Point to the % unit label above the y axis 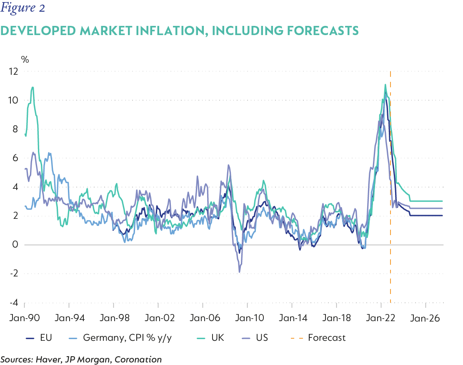coord(25,60)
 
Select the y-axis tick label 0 coord(16,245)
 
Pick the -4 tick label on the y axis coord(14,302)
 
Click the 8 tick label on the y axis coord(16,129)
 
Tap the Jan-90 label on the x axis coord(25,318)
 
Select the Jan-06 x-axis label coord(203,318)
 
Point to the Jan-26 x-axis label coord(425,318)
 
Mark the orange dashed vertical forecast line coord(390,188)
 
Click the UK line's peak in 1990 coord(33,87)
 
